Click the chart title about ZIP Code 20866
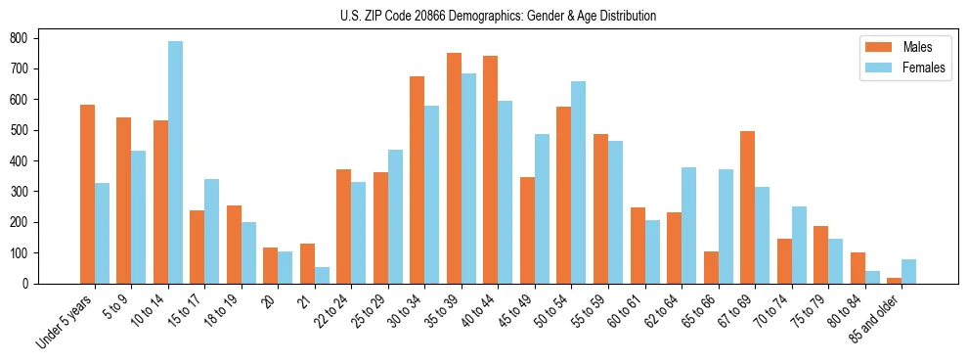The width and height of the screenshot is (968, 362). [x=484, y=16]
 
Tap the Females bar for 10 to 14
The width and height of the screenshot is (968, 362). [x=175, y=162]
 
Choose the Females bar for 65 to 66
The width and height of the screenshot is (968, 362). [x=726, y=226]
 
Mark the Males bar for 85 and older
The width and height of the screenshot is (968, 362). [x=894, y=281]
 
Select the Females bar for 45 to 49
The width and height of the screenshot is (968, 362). [x=542, y=208]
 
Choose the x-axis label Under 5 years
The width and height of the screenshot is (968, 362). [x=66, y=322]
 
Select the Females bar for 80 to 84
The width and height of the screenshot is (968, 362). [x=872, y=277]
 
